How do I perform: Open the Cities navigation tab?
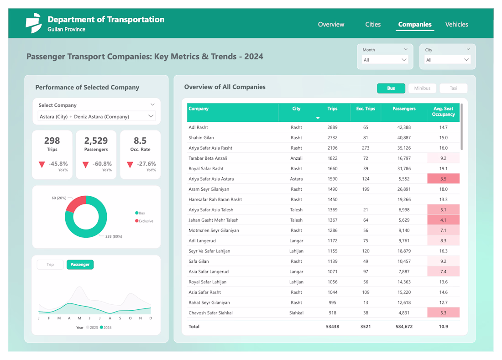click(x=373, y=25)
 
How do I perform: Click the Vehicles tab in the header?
click(x=456, y=25)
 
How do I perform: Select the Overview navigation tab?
click(x=331, y=25)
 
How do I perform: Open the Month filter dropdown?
click(x=385, y=60)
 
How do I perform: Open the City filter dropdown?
click(x=447, y=60)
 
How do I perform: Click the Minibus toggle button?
click(x=422, y=88)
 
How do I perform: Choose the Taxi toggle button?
click(x=453, y=88)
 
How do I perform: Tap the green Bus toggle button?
click(x=391, y=88)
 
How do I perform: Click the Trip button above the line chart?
click(x=50, y=265)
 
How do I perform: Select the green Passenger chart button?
click(x=80, y=265)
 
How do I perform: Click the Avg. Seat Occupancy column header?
click(x=443, y=112)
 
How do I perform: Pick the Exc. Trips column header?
click(x=366, y=109)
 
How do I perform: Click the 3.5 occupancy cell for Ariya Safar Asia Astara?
click(x=443, y=179)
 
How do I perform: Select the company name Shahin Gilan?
click(x=201, y=138)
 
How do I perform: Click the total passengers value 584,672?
click(x=402, y=327)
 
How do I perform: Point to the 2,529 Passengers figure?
click(x=96, y=141)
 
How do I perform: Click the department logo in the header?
click(x=33, y=23)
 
